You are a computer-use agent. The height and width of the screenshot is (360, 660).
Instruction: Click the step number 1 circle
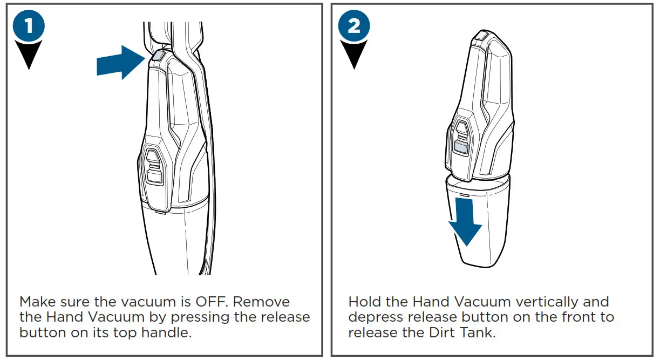point(30,26)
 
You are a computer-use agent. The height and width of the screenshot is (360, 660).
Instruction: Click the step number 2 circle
point(354,26)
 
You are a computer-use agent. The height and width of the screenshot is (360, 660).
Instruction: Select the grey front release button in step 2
point(461,146)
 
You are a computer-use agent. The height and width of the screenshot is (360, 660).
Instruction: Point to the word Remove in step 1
point(263,302)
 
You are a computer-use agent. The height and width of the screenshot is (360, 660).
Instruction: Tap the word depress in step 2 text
point(375,317)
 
